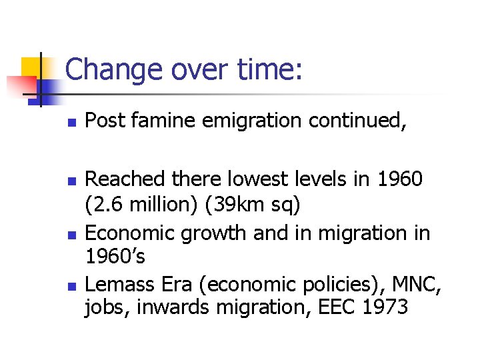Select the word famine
point(156,121)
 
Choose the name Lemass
point(120,285)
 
